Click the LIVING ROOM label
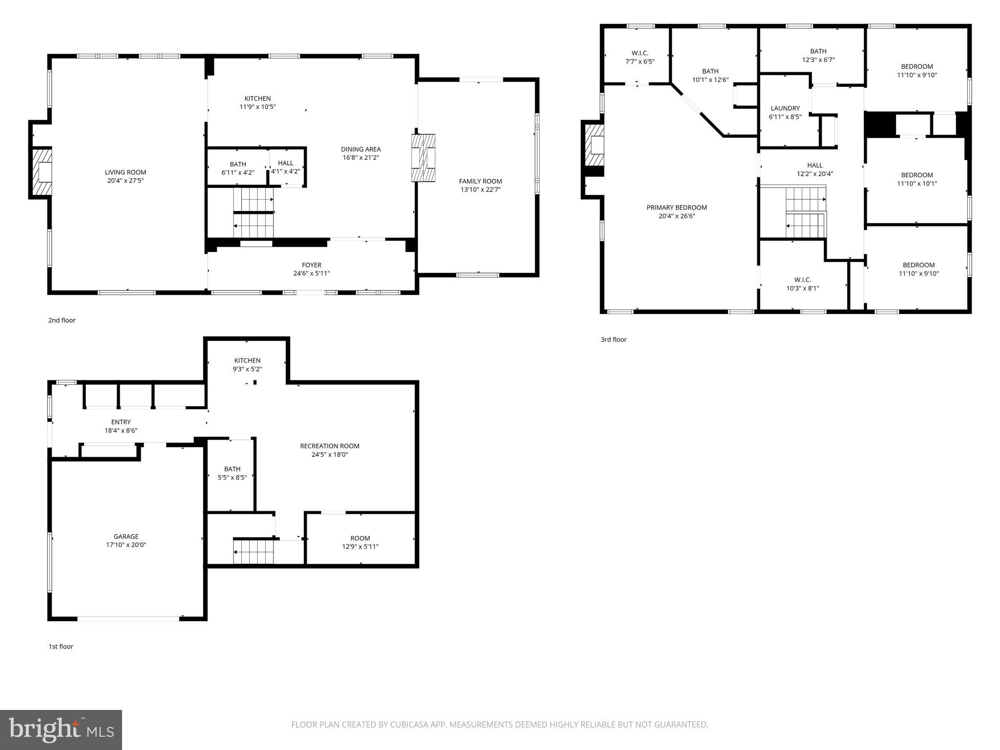[x=125, y=172]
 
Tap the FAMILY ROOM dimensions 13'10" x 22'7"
[x=480, y=189]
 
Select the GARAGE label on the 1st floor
[x=126, y=536]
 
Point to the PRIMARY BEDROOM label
[x=677, y=208]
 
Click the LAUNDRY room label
[x=785, y=108]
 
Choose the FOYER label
[x=312, y=265]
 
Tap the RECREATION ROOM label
[x=330, y=446]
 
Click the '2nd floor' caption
[x=62, y=320]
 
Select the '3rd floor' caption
[x=613, y=339]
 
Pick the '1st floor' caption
[x=61, y=646]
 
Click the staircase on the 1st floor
[x=253, y=551]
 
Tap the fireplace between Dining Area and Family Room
[x=423, y=158]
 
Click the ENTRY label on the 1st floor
[x=121, y=422]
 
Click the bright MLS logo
[x=61, y=729]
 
